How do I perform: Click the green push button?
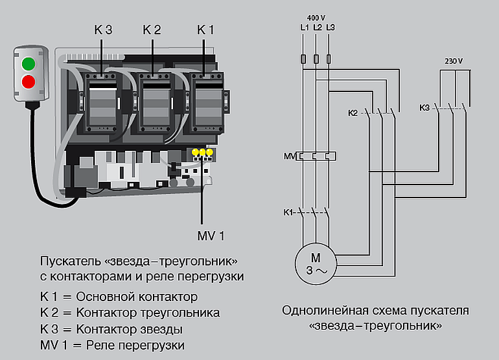(x=29, y=63)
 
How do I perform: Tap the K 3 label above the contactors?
(x=102, y=30)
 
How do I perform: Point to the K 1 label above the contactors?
(x=205, y=30)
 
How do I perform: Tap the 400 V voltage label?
(x=317, y=17)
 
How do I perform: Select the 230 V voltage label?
(x=454, y=61)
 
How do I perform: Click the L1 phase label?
(x=305, y=27)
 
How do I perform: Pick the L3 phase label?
(x=331, y=27)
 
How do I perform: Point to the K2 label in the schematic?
(x=353, y=113)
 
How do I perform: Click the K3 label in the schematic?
(x=424, y=107)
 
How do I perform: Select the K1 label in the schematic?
(x=288, y=212)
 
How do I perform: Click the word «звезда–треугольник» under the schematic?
(x=375, y=325)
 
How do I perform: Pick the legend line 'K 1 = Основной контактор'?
(x=119, y=297)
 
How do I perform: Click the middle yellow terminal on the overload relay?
(x=202, y=153)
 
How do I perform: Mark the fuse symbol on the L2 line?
(x=316, y=60)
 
